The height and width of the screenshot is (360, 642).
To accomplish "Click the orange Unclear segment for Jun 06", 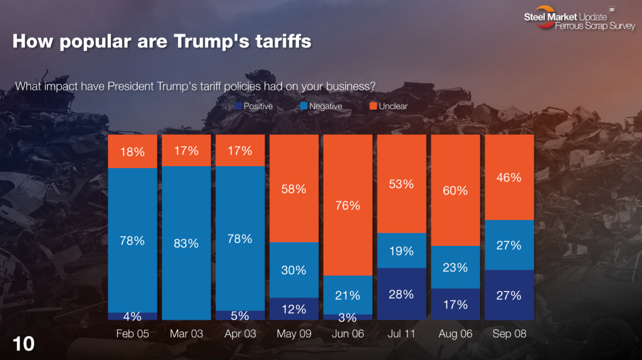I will (x=347, y=205).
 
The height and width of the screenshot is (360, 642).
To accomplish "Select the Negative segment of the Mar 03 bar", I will (x=186, y=243).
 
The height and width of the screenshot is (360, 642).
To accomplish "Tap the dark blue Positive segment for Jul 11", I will (x=401, y=295).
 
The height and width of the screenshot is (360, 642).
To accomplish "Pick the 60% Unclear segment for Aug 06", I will (x=455, y=190).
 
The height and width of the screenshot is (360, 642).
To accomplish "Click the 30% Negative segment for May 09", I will (x=293, y=270).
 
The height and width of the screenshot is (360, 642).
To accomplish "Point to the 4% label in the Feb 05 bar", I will (x=132, y=316).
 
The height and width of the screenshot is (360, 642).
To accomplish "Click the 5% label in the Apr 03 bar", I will (x=240, y=315).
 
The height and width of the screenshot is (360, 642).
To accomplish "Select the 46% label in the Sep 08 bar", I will (x=508, y=177).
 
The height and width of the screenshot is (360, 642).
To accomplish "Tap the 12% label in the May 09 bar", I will (x=293, y=309).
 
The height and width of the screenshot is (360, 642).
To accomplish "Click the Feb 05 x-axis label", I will (x=132, y=334).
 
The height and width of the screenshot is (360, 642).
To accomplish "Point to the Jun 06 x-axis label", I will (x=347, y=334).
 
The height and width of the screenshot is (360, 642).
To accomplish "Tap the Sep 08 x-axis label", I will (x=508, y=334).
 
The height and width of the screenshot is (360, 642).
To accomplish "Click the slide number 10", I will (x=23, y=343).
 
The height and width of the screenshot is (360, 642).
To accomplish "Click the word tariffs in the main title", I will (x=278, y=42).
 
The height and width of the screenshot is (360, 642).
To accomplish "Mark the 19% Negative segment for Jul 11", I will (x=401, y=251).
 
